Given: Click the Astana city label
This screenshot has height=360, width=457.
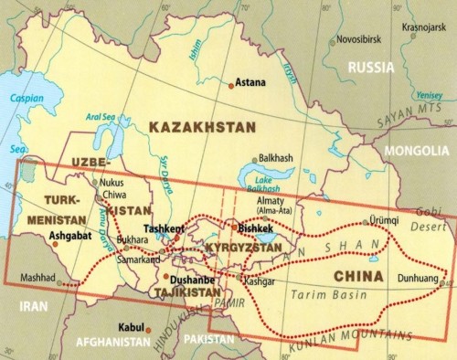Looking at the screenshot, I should coord(250,82).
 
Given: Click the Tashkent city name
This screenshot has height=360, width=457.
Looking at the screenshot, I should coord(165,228).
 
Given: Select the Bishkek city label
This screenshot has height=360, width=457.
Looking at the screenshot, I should coord(255,227).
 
